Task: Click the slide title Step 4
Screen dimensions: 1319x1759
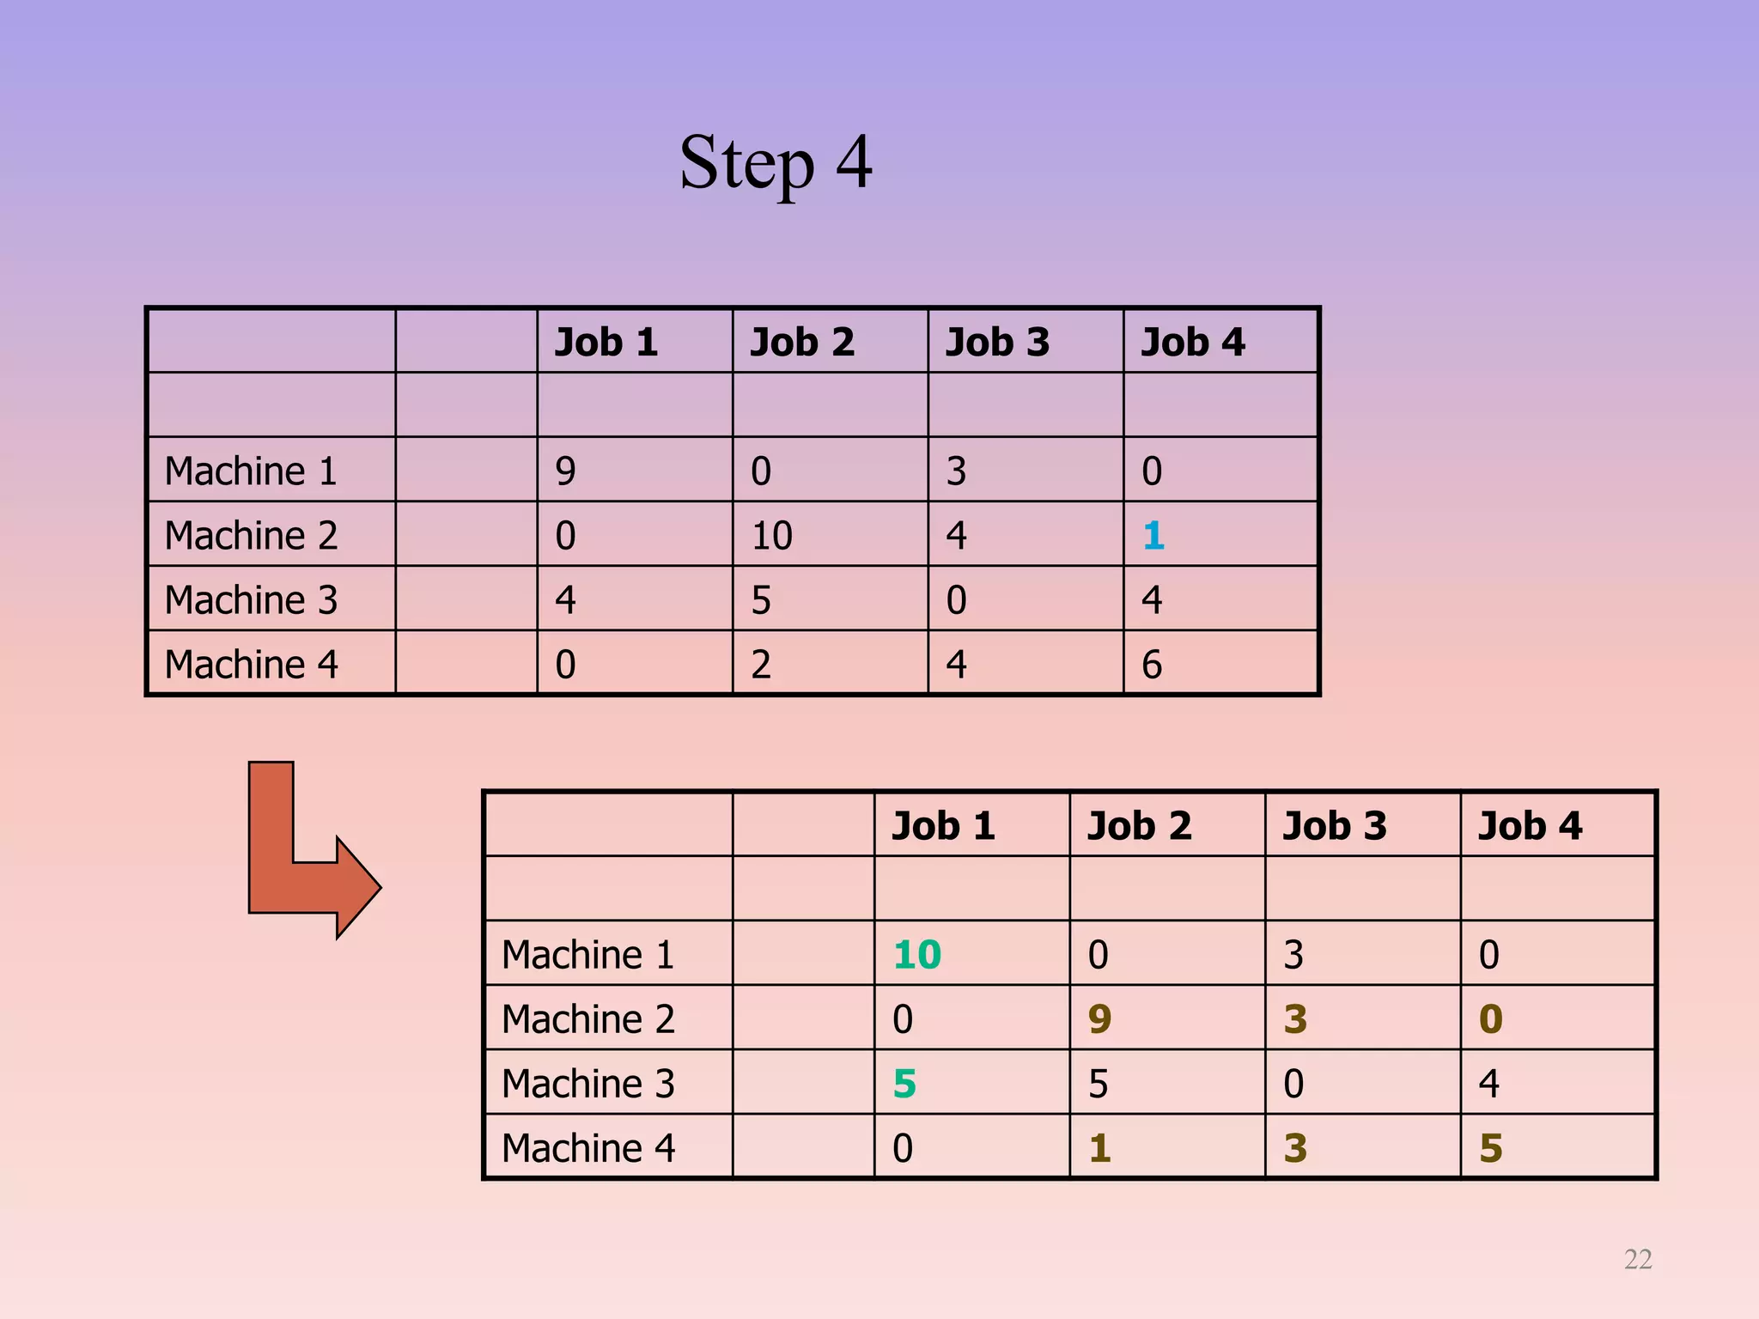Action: point(776,163)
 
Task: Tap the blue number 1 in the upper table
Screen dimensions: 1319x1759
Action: point(1153,536)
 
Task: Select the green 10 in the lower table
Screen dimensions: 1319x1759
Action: point(917,955)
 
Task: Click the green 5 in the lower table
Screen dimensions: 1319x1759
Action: point(904,1084)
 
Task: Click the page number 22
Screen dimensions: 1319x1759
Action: point(1638,1259)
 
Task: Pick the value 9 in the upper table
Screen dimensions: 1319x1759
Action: point(565,471)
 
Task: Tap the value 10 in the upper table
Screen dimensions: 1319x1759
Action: point(771,536)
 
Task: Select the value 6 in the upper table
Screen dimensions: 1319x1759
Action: point(1152,665)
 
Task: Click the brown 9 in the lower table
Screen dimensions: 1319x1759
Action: point(1099,1019)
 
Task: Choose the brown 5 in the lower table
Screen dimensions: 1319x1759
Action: point(1490,1148)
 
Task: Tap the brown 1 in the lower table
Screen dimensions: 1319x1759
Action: point(1099,1148)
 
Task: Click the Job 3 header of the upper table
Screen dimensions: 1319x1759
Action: point(997,343)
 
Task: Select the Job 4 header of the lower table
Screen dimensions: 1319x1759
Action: point(1530,826)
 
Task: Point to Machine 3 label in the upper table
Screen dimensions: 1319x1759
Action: point(251,600)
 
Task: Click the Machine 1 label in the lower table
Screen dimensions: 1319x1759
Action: point(588,955)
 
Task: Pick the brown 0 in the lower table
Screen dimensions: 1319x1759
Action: point(1490,1019)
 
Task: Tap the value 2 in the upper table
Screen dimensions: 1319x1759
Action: point(761,665)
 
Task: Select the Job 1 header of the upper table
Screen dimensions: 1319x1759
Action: point(606,343)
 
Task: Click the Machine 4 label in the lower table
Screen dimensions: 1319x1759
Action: point(588,1148)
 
